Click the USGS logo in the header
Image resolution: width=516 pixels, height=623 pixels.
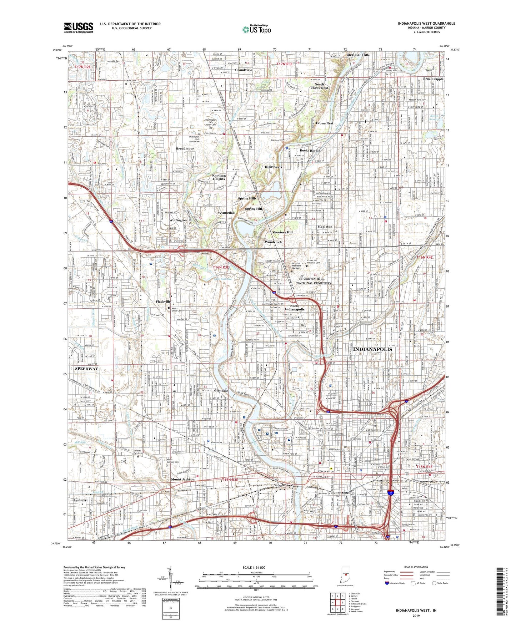[x=79, y=27]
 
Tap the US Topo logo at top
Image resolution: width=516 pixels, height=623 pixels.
[x=256, y=29]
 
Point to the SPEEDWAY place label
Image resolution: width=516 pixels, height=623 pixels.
[x=86, y=369]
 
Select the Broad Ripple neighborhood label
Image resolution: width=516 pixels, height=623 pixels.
[x=433, y=79]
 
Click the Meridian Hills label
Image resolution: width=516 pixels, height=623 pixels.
[x=358, y=55]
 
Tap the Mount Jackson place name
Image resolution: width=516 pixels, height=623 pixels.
[x=183, y=479]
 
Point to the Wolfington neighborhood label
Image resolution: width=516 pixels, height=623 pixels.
[x=178, y=220]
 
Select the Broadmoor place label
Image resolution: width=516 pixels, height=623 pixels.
[x=185, y=148]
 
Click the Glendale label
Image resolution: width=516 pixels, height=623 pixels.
[x=221, y=391]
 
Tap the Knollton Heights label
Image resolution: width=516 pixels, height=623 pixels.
[x=219, y=177]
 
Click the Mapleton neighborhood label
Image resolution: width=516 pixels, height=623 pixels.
[x=325, y=227]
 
